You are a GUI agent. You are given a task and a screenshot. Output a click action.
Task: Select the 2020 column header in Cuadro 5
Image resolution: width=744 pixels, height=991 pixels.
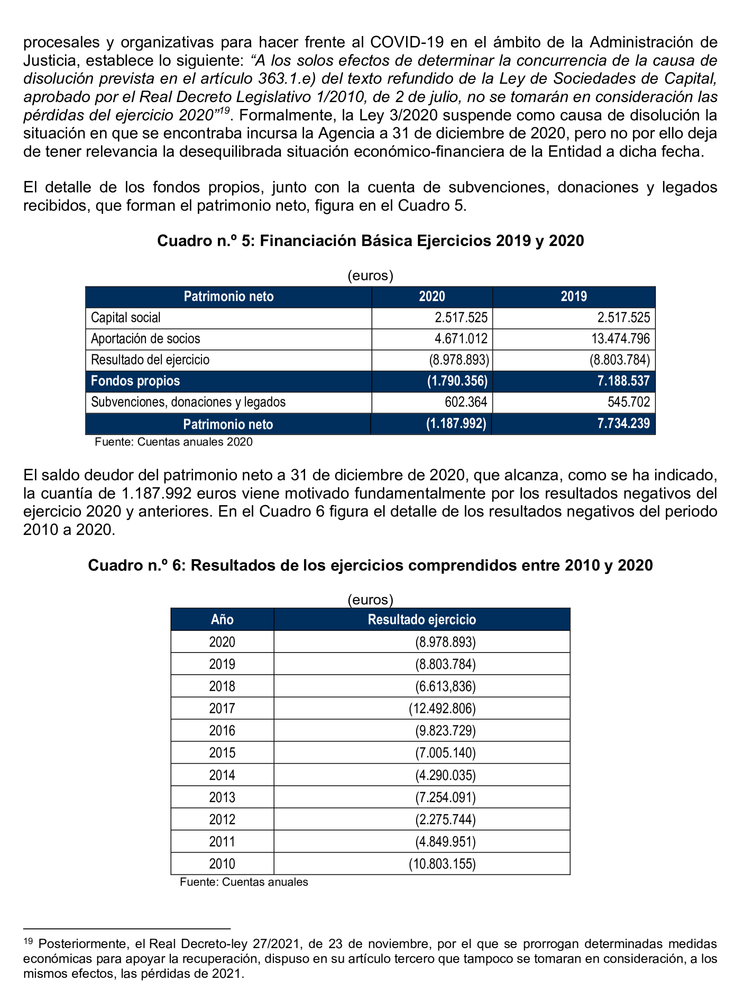432,297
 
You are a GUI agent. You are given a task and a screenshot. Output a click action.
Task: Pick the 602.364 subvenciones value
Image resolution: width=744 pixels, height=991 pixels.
465,402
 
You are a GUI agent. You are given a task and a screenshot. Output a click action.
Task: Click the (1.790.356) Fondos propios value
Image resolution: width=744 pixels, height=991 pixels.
457,381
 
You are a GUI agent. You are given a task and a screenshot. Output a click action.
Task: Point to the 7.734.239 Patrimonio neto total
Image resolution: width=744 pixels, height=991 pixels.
623,423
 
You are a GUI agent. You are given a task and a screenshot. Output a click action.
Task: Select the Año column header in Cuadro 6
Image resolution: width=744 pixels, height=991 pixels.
222,620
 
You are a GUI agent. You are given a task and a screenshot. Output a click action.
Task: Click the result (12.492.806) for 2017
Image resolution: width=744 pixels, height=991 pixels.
442,708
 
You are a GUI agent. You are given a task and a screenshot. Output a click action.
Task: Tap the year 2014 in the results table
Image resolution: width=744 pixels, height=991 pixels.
222,775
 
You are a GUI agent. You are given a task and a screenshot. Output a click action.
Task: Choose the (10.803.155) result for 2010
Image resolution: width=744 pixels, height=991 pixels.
442,864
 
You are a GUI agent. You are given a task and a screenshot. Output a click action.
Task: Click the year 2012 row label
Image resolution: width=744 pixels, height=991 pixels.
222,819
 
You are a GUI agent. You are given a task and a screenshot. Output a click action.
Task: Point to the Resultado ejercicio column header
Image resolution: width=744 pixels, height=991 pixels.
421,620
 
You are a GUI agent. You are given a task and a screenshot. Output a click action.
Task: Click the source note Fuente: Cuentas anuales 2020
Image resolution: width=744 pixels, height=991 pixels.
173,442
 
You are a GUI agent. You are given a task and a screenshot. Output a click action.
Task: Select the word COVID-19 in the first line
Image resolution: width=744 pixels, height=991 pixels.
407,42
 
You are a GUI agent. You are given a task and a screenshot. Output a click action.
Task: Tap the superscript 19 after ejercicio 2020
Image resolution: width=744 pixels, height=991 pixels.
224,111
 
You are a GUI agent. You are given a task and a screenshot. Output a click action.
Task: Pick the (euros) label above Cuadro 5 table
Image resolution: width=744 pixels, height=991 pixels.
370,275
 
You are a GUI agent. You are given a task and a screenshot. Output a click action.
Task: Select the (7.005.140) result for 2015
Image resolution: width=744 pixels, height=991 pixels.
445,753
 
